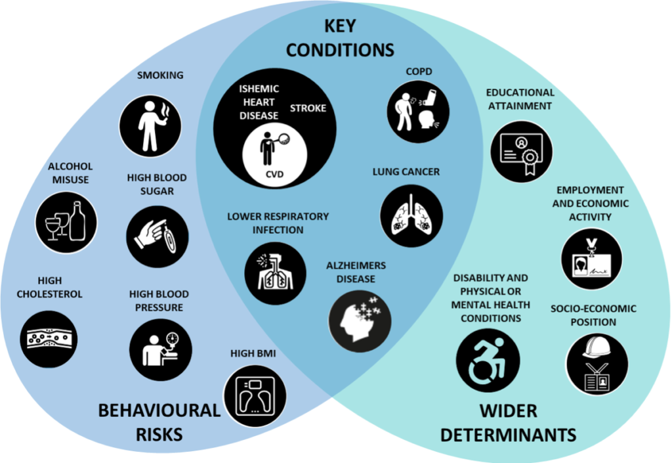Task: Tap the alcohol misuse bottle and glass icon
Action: pos(66,223)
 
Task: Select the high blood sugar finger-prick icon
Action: pos(157,238)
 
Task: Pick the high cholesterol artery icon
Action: pos(49,339)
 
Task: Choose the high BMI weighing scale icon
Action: pos(253,395)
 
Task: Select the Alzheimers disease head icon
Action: pos(360,320)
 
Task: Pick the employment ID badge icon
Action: pos(591,259)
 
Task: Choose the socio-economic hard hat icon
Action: pos(597,365)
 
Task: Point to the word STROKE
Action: pos(308,108)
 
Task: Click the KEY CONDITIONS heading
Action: pos(340,38)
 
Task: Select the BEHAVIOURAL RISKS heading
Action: pos(159,422)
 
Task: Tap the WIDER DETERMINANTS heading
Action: pos(508,422)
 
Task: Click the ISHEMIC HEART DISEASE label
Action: pos(259,102)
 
